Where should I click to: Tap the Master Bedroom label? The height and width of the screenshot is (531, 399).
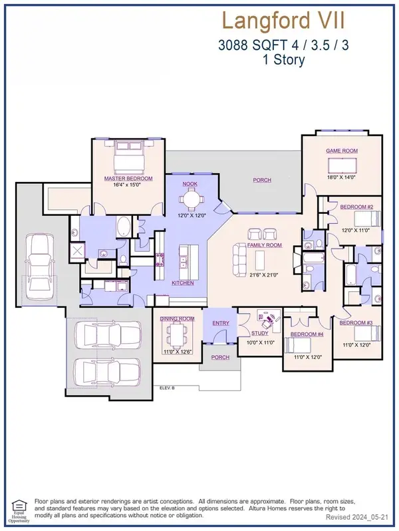pos(128,179)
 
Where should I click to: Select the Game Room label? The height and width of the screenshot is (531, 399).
pos(342,151)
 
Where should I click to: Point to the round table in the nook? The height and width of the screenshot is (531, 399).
pos(191,197)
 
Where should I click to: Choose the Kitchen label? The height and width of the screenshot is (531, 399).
pos(183,283)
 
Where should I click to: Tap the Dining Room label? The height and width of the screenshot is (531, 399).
pos(177,319)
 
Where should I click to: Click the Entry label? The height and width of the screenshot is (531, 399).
pos(220,323)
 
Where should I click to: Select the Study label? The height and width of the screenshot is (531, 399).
pos(260,333)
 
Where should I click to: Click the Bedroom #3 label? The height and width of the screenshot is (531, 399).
pos(355,323)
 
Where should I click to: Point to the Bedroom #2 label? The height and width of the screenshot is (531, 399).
pos(356,207)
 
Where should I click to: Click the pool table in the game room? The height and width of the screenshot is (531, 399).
pos(342,165)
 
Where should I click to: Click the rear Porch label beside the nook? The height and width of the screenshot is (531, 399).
pos(262,180)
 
